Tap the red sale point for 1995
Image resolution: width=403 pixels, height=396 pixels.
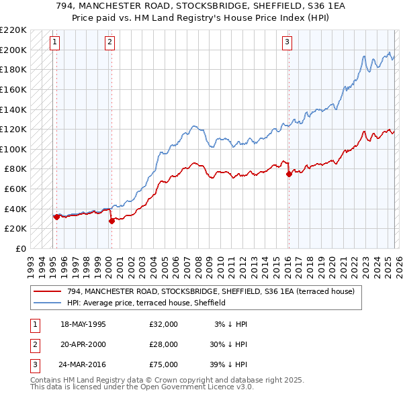coord(56,216)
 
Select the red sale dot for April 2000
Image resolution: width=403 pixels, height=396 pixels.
coord(111,221)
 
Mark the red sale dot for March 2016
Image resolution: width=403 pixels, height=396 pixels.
coord(289,174)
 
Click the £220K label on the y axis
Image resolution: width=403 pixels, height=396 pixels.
coord(13,30)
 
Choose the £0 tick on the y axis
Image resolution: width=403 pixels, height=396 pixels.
coord(20,248)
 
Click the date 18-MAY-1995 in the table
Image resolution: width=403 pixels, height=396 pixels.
coord(83,324)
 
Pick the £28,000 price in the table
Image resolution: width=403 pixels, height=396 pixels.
coord(164,344)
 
